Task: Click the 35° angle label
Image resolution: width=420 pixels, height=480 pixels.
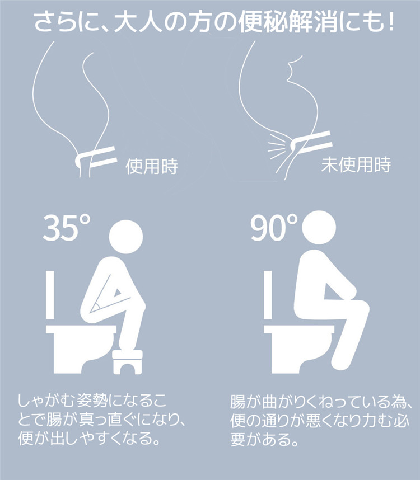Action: [x=67, y=228]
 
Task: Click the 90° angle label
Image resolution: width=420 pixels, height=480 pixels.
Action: [x=274, y=228]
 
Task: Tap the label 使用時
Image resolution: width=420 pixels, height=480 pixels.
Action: [x=152, y=166]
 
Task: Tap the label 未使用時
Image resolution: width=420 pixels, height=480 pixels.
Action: [x=356, y=164]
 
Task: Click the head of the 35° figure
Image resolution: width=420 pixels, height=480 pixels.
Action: [x=126, y=236]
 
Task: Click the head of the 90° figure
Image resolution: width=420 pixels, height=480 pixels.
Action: [x=319, y=227]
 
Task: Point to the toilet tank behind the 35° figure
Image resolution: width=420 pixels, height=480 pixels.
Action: [x=50, y=295]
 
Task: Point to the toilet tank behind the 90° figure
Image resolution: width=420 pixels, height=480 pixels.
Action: [x=268, y=295]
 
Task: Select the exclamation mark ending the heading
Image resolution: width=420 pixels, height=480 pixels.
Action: [x=390, y=22]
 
